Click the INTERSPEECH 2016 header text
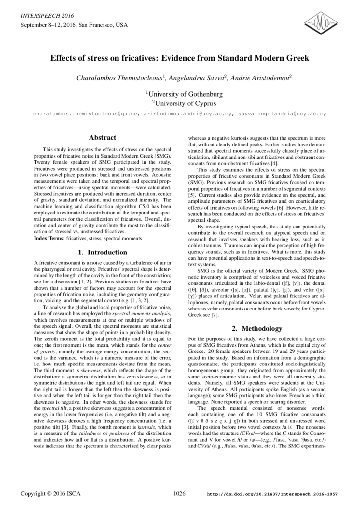(47, 16)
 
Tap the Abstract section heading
(103, 138)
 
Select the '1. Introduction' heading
(103, 252)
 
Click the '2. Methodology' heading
(257, 328)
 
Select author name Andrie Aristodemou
(261, 78)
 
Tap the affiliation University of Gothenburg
(184, 94)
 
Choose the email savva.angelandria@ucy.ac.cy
(282, 114)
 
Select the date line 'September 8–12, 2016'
(48, 25)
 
